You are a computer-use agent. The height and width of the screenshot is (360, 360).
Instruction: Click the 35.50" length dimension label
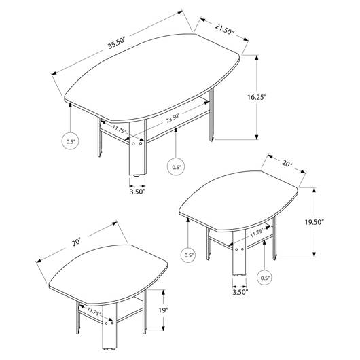[116, 42]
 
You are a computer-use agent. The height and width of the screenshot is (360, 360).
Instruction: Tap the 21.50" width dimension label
[224, 29]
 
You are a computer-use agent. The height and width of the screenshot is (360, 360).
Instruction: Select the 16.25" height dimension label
[257, 97]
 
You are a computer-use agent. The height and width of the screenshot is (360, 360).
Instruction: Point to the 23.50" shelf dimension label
[173, 118]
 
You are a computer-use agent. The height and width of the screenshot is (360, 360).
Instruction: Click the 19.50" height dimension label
[314, 222]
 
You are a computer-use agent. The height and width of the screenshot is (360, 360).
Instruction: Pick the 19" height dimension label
[164, 310]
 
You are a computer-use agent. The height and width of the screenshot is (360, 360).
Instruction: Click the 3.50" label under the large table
[137, 192]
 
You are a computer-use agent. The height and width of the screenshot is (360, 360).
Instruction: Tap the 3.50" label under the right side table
[240, 292]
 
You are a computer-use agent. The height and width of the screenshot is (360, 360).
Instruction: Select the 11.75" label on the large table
[120, 129]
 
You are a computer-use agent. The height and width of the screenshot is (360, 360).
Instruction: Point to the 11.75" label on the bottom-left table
[94, 312]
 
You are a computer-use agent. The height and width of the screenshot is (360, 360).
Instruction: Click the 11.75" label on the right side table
[257, 234]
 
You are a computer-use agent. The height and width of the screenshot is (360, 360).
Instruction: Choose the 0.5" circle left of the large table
[71, 141]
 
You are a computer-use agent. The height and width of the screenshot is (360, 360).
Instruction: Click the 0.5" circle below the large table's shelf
[176, 167]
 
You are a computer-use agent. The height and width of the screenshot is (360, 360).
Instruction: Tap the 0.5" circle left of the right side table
[188, 255]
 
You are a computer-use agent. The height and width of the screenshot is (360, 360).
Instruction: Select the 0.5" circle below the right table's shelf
[265, 278]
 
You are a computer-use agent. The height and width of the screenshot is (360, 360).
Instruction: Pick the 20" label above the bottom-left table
[76, 242]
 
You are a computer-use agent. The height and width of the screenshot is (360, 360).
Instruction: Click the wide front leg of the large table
[137, 148]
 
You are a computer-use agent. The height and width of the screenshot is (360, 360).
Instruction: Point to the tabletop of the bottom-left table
[108, 274]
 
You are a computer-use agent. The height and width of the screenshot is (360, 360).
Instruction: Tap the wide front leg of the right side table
[240, 253]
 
